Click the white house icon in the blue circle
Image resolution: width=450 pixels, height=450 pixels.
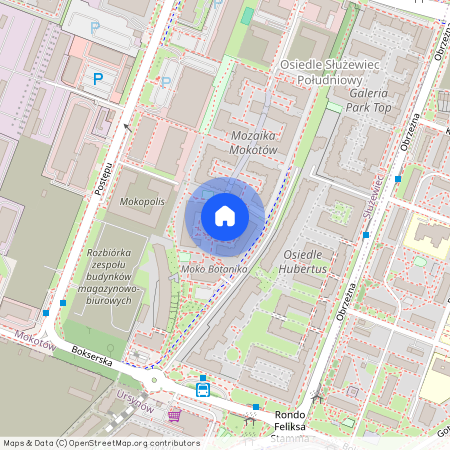pos(225,216)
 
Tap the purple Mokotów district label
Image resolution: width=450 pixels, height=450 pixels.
pos(33,340)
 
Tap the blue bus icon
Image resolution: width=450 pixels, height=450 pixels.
pos(203,388)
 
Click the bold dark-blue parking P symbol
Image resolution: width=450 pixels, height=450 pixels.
pos(98,78)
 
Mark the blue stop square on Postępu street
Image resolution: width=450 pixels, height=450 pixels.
pos(63,301)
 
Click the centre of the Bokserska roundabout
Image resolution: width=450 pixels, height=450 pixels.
pos(155,380)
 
